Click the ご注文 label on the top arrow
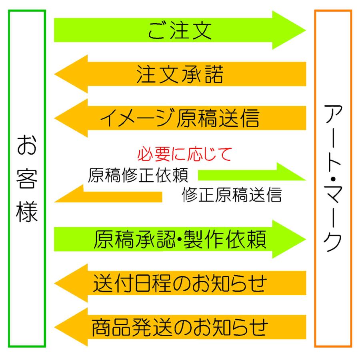point(179,31)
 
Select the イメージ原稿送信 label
point(179,118)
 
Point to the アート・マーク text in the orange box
point(333,180)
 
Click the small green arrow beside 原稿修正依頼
point(252,173)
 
